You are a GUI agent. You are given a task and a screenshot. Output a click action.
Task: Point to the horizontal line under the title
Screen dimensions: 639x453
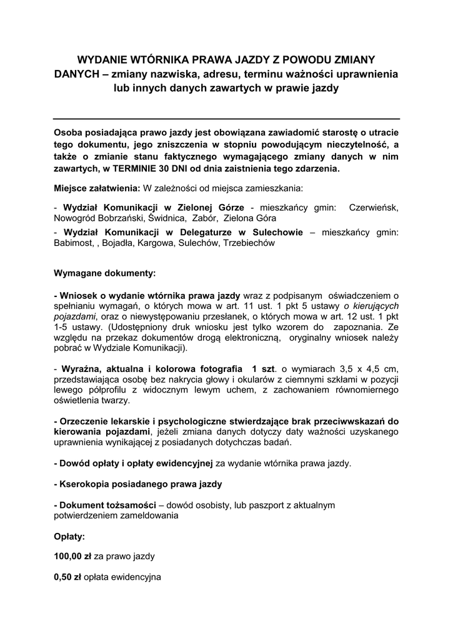[226, 119]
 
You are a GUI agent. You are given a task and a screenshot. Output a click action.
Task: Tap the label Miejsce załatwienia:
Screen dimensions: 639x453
[97, 187]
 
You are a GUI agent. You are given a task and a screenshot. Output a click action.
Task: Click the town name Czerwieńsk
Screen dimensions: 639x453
[374, 207]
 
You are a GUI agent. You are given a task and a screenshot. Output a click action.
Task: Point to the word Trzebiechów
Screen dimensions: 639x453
[249, 244]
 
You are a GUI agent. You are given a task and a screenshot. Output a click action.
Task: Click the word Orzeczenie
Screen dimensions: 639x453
[87, 420]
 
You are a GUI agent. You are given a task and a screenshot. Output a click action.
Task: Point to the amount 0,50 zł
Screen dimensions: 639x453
[68, 577]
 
